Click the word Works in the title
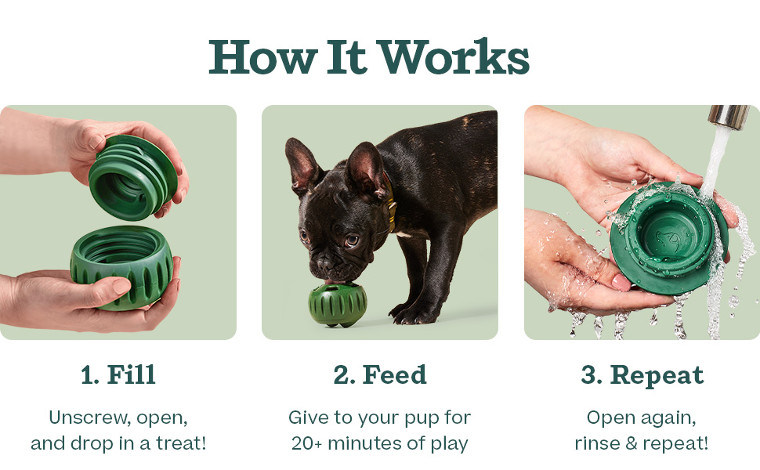click(x=453, y=57)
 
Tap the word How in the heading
click(x=263, y=57)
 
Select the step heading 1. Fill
click(x=118, y=374)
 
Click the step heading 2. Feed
click(x=380, y=374)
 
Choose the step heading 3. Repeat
click(x=642, y=375)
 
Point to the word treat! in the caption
click(x=181, y=443)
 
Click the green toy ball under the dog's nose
click(x=338, y=305)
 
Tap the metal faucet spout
click(x=729, y=117)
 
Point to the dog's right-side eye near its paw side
click(x=352, y=240)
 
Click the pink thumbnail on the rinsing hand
click(x=621, y=281)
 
